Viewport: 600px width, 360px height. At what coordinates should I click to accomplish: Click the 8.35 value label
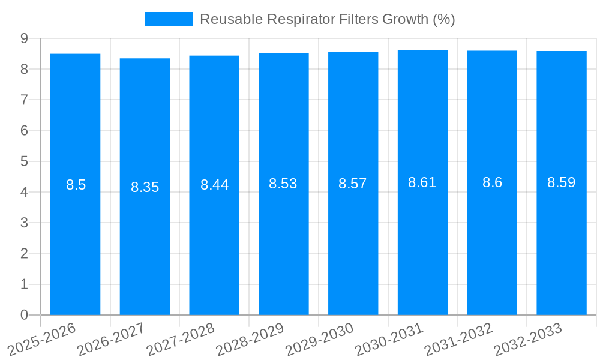point(145,187)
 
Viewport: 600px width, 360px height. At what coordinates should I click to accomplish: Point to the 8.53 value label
point(283,184)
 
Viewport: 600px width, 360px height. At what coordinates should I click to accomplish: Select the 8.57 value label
point(353,184)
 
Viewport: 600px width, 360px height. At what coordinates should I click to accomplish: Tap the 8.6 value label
point(492,183)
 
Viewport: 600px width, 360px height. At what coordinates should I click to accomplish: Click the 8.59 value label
point(562,183)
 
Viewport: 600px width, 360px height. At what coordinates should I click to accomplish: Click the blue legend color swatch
point(169,19)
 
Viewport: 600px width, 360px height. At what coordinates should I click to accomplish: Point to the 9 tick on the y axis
point(24,38)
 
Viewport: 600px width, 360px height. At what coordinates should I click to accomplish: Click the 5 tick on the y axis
point(24,161)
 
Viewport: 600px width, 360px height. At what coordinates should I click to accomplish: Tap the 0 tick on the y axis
point(24,315)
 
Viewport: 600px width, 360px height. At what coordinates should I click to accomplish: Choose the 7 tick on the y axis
point(24,100)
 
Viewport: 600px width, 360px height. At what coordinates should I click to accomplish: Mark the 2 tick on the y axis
point(24,254)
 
